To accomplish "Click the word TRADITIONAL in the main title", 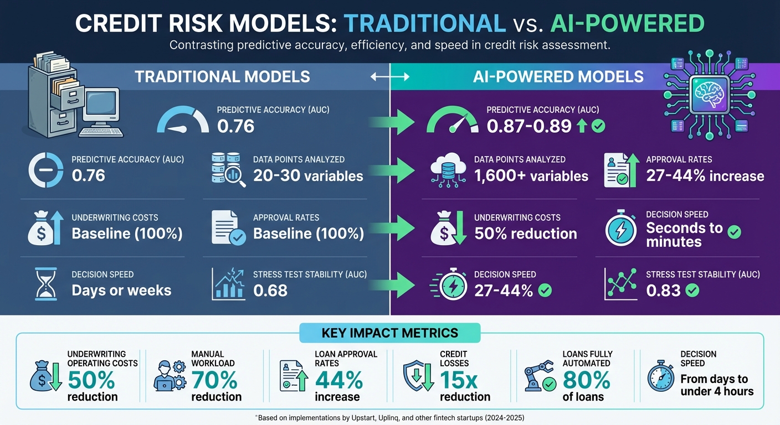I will click(x=424, y=23).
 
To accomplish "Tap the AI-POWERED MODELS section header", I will click(x=558, y=76).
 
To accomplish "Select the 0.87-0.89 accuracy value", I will click(x=528, y=127).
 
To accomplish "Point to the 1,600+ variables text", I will click(x=531, y=176).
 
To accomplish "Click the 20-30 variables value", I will click(x=308, y=176).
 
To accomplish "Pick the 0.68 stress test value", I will click(x=270, y=290).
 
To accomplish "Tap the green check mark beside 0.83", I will click(x=692, y=290).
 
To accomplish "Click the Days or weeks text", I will click(x=121, y=290).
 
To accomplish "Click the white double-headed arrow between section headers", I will click(x=390, y=77).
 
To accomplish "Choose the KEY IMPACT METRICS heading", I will click(x=389, y=333).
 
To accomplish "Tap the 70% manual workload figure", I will click(x=214, y=380).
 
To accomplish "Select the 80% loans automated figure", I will click(x=586, y=380).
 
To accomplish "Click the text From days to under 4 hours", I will click(x=716, y=385).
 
